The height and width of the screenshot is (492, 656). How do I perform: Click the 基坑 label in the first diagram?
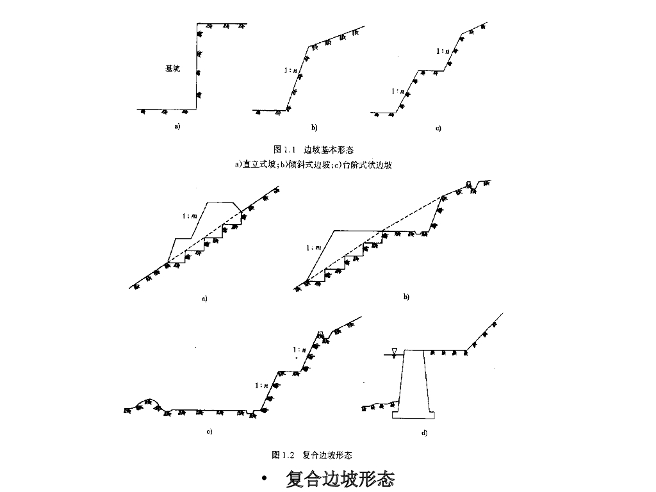pyautogui.click(x=172, y=69)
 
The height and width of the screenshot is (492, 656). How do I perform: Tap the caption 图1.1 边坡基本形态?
pyautogui.click(x=313, y=150)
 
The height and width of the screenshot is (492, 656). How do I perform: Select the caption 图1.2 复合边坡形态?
pyautogui.click(x=311, y=455)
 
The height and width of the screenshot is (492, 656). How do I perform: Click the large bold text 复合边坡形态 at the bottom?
pyautogui.click(x=340, y=479)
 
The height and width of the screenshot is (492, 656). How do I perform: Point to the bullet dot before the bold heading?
pyautogui.click(x=265, y=480)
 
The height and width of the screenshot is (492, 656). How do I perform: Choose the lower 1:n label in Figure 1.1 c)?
pyautogui.click(x=397, y=92)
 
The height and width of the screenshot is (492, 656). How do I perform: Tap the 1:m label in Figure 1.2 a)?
pyautogui.click(x=190, y=217)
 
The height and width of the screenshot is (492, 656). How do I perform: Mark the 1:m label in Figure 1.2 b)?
pyautogui.click(x=313, y=247)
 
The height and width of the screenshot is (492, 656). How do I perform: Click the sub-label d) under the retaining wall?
pyautogui.click(x=424, y=433)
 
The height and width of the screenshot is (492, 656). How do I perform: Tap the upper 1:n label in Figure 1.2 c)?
pyautogui.click(x=299, y=350)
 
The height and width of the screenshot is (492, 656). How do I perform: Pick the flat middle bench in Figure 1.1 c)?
pyautogui.click(x=430, y=70)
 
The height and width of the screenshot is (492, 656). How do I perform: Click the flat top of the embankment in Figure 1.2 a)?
pyautogui.click(x=221, y=202)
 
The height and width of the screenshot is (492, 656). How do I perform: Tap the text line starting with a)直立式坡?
pyautogui.click(x=313, y=165)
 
